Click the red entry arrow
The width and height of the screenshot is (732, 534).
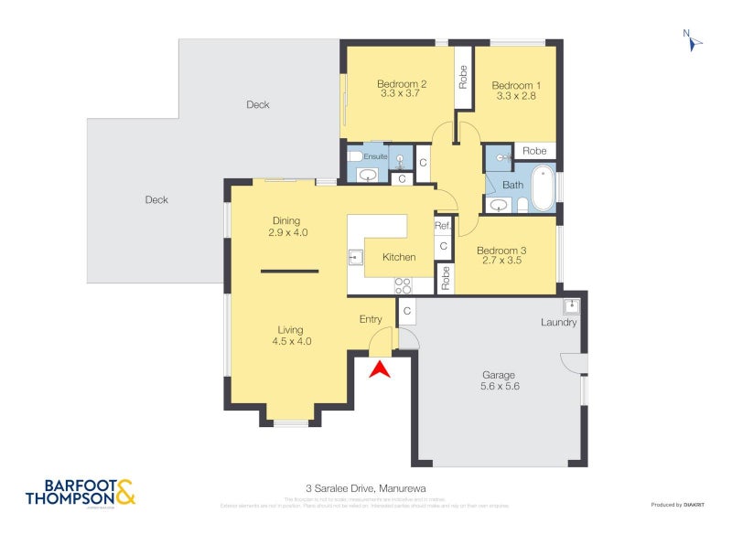tap(379, 368)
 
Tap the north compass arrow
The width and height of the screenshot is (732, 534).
tap(694, 41)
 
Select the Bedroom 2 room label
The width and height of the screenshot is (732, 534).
tap(403, 84)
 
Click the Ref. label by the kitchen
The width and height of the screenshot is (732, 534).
tap(443, 226)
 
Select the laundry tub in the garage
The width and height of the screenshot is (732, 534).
tap(572, 305)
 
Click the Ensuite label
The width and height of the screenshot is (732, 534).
tap(376, 157)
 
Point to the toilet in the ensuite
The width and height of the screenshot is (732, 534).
tap(353, 157)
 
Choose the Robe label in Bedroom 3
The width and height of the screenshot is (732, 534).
tap(446, 278)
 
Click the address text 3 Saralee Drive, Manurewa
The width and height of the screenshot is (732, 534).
tap(366, 488)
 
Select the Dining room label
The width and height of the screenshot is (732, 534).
tap(285, 220)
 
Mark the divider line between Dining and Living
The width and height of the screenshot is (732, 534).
tap(289, 271)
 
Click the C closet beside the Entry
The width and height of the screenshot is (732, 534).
tap(407, 313)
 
